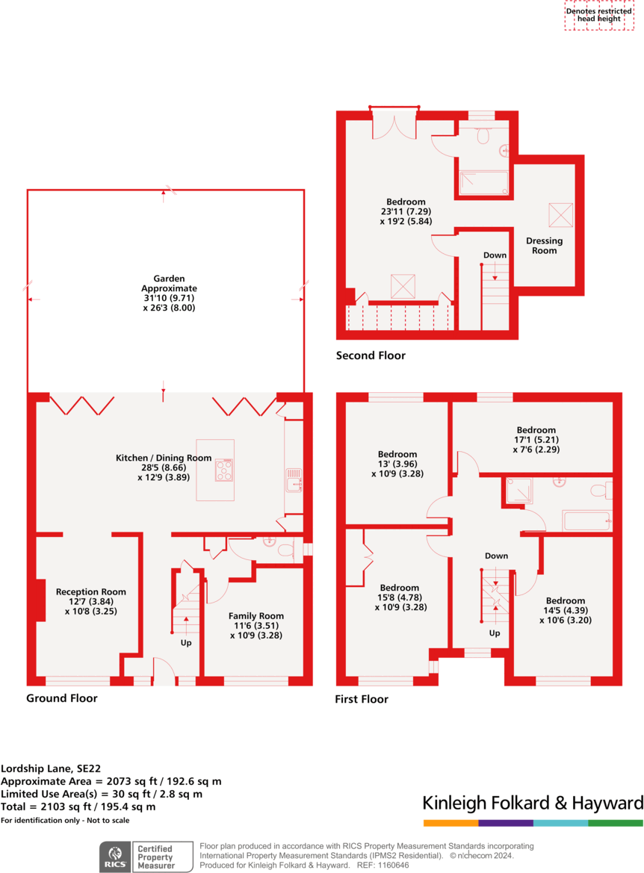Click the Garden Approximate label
(168, 292)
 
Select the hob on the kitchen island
(223, 470)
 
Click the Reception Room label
(90, 600)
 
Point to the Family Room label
(256, 625)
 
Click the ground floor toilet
(284, 550)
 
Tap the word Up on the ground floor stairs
(186, 642)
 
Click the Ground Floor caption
(61, 698)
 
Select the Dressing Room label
(544, 246)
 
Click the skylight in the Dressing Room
(560, 214)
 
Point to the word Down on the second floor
(495, 255)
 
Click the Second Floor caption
(371, 355)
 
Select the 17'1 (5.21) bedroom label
(536, 440)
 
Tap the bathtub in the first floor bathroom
(586, 520)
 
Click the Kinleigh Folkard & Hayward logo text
(532, 803)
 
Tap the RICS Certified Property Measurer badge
(146, 856)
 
